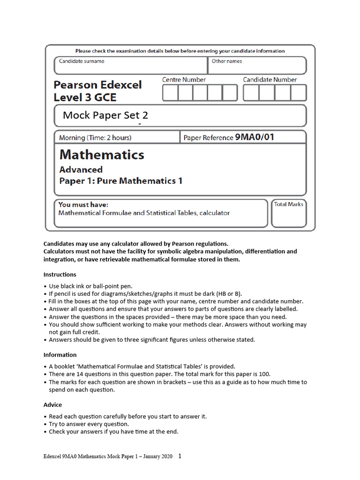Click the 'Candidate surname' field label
click(82, 61)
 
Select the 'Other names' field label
click(227, 61)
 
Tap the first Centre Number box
click(170, 93)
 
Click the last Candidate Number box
click(298, 93)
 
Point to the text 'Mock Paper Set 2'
click(105, 115)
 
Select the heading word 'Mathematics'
click(102, 155)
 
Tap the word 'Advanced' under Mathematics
click(81, 170)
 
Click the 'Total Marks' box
click(289, 213)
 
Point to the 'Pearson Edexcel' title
click(97, 85)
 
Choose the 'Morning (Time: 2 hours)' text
click(95, 138)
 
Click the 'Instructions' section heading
click(60, 275)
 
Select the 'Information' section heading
click(60, 355)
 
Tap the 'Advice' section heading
click(52, 405)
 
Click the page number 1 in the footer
click(180, 456)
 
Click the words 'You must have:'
click(83, 205)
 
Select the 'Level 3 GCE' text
click(85, 98)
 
